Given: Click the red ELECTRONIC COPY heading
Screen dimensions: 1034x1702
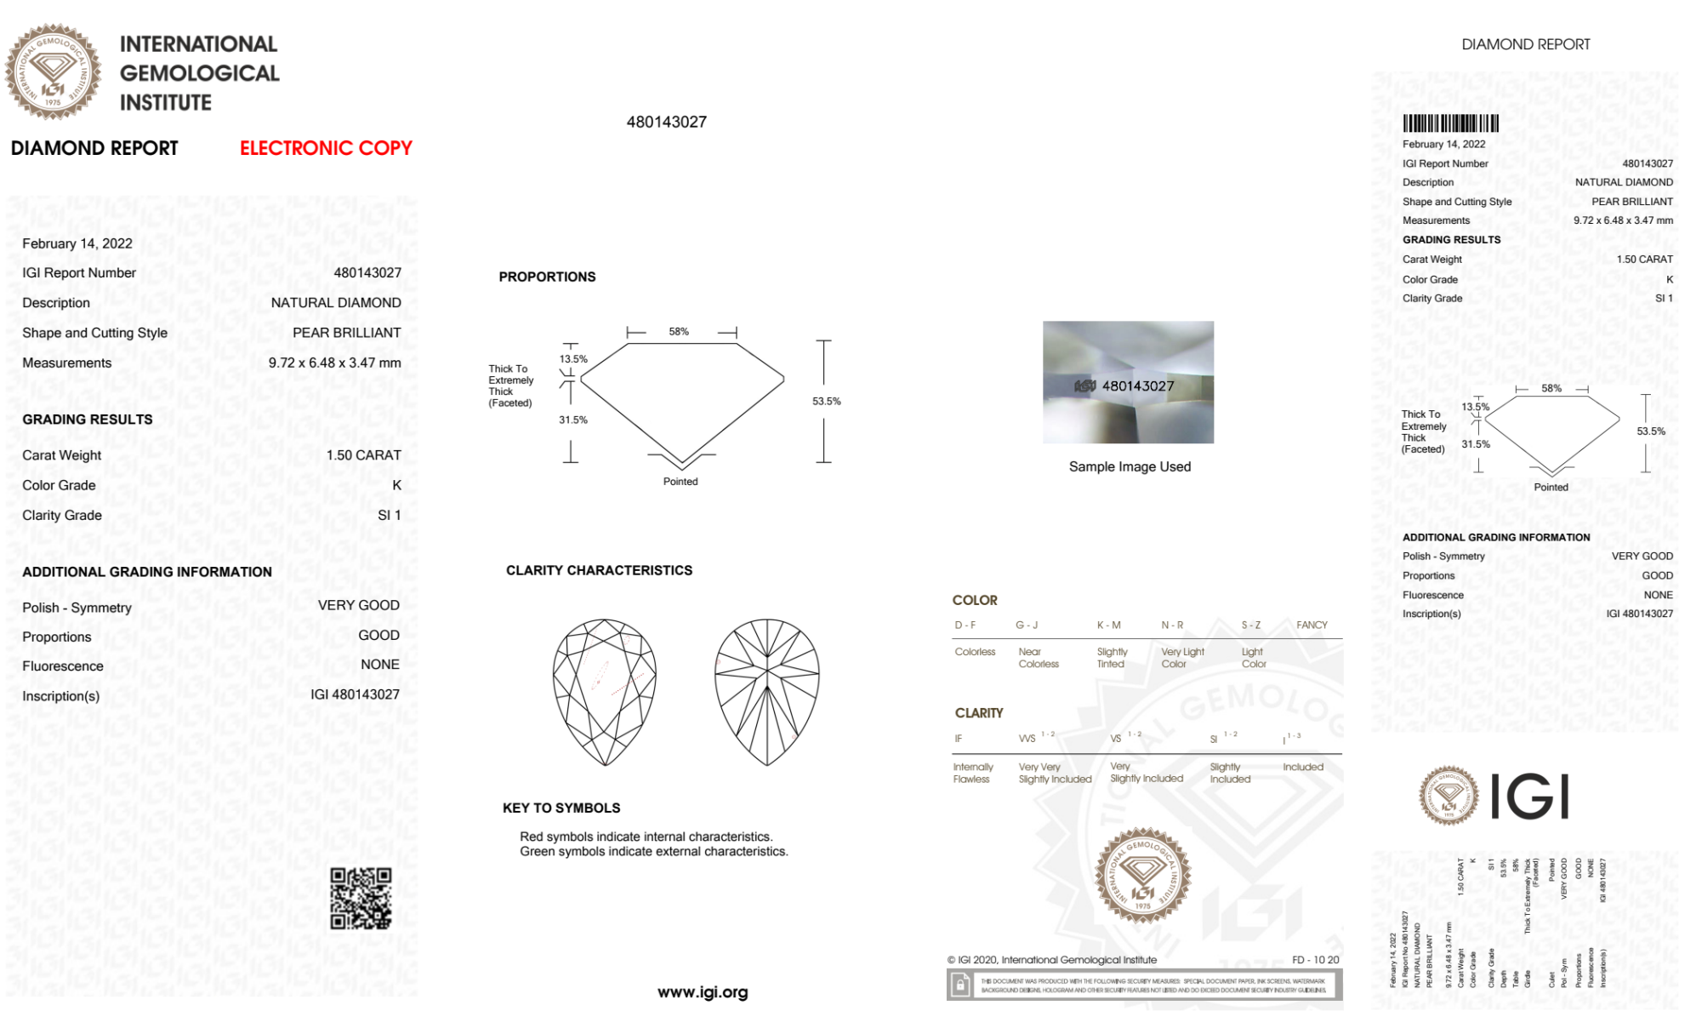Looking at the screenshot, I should [x=326, y=148].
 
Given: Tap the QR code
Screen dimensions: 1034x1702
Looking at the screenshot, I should [x=361, y=899].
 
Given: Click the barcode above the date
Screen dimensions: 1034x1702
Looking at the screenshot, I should [x=1450, y=123].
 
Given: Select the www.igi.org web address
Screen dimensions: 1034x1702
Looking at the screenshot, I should [x=703, y=992].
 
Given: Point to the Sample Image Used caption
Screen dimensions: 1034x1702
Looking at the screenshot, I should [x=1130, y=466].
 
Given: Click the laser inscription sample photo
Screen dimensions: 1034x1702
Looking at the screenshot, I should [x=1128, y=382].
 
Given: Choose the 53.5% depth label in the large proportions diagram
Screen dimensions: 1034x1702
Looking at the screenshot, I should [x=826, y=402].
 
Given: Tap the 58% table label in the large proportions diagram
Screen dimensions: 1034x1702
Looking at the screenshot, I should [x=679, y=332].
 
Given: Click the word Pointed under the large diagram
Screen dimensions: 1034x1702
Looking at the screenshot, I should [x=680, y=482].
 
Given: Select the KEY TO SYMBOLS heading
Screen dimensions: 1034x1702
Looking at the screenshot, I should [x=561, y=808].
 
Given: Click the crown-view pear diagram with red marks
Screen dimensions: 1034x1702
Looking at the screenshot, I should [x=604, y=692].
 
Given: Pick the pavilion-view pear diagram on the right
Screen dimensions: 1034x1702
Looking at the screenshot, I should [x=766, y=692].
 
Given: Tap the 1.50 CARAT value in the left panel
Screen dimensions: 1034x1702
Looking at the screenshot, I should [x=363, y=455].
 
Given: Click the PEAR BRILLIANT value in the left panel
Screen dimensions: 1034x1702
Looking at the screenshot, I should [x=346, y=333].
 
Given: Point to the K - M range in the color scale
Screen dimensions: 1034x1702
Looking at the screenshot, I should [x=1108, y=626].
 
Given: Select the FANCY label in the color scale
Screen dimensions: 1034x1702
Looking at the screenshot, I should [x=1312, y=626].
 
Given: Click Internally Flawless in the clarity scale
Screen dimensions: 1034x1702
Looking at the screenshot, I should [x=972, y=773].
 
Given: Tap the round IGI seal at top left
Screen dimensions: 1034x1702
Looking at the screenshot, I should [x=53, y=71].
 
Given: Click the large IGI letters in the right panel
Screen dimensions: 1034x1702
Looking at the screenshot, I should [x=1529, y=797].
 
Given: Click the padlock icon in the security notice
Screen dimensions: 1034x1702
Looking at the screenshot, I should [x=960, y=985].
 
